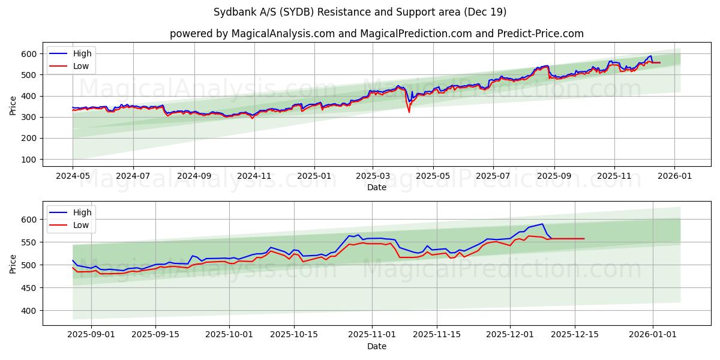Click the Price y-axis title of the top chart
click(13, 105)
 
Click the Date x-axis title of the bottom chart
click(376, 346)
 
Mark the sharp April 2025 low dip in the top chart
click(409, 112)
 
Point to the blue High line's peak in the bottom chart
click(542, 224)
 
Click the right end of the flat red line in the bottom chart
click(584, 239)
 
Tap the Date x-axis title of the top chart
click(376, 188)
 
